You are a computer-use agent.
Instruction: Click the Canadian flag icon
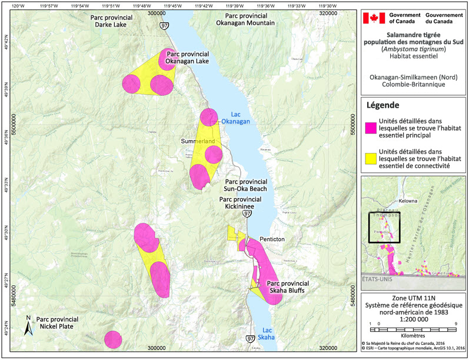click(372, 18)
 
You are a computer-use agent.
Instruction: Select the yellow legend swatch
click(371, 158)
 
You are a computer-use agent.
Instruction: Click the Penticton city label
click(272, 240)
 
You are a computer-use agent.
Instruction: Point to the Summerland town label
click(195, 142)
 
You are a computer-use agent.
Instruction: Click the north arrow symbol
click(27, 325)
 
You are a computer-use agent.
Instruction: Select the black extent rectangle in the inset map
click(384, 227)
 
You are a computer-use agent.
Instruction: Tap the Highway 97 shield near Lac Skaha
click(250, 339)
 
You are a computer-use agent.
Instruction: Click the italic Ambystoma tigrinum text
click(413, 49)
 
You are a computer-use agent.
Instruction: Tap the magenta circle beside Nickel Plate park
click(113, 339)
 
